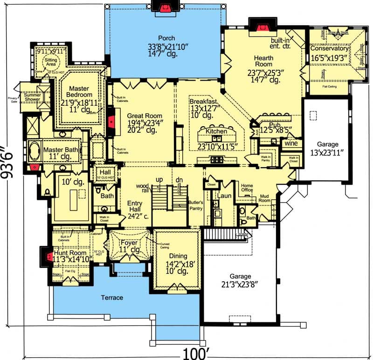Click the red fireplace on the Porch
point(164,7)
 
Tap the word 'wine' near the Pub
point(291,144)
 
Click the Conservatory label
point(329,48)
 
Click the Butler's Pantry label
point(195,205)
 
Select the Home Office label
point(246,188)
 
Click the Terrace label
point(112,298)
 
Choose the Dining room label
point(178,256)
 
